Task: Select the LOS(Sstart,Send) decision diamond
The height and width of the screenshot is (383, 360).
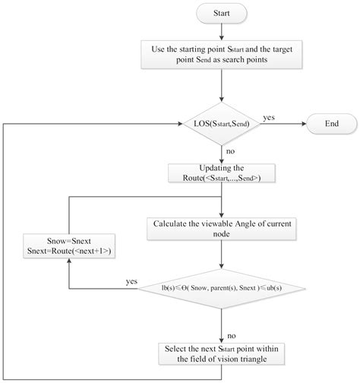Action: tap(220, 123)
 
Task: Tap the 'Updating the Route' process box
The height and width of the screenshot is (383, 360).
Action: tap(220, 173)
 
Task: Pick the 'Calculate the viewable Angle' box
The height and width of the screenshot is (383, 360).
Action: tap(220, 227)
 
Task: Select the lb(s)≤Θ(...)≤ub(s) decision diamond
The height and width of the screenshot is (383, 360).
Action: tap(220, 289)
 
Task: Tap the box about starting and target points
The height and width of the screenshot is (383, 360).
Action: tap(220, 55)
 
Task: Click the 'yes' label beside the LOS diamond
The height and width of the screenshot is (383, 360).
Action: tap(269, 117)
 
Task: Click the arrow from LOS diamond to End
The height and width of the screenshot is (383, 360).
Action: tap(286, 123)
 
